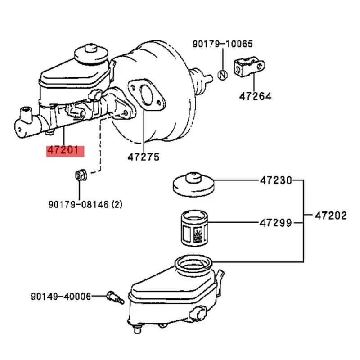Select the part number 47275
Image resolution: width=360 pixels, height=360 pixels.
[x=143, y=157]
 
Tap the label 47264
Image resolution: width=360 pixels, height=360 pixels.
[x=255, y=96]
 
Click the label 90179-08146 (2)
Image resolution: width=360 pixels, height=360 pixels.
[x=85, y=205]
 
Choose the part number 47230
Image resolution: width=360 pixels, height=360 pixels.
[x=275, y=181]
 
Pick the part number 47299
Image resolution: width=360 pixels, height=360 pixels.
[x=275, y=222]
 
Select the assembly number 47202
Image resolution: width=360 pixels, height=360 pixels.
[x=331, y=216]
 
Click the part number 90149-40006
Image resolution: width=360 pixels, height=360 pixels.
[x=61, y=296]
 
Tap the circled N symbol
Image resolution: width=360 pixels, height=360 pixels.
[x=222, y=75]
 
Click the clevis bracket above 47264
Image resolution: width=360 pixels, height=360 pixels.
[x=247, y=67]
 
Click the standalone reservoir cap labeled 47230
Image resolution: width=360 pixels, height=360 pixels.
[x=193, y=183]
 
